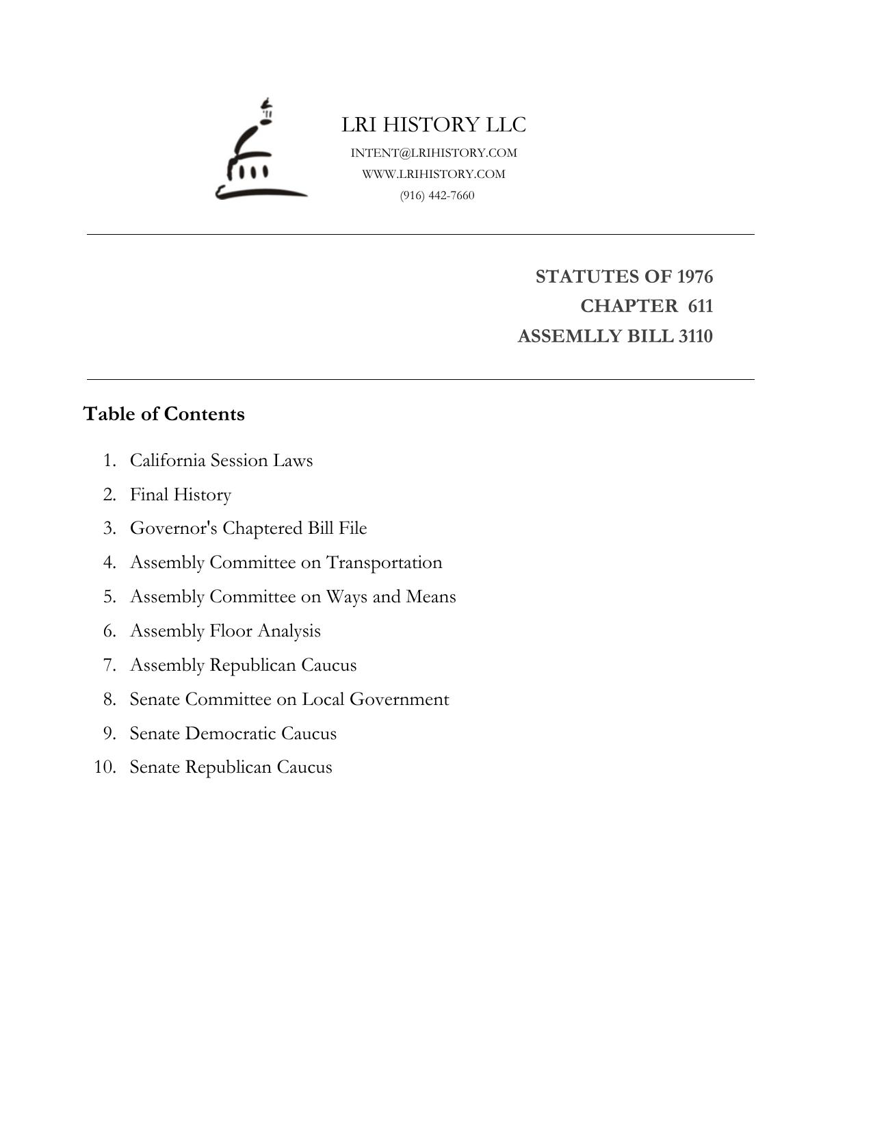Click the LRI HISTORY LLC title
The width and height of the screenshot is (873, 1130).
[434, 125]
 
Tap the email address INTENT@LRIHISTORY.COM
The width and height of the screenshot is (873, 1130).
[434, 153]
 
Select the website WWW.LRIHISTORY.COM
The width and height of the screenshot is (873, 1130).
[434, 174]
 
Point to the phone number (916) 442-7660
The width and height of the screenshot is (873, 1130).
[437, 195]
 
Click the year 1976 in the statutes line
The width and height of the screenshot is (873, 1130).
[694, 277]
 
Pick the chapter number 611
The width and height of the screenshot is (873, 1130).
[700, 306]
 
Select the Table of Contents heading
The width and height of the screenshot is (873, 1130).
[164, 414]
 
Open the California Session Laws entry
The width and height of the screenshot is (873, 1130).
[221, 460]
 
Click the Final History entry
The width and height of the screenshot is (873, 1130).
[181, 494]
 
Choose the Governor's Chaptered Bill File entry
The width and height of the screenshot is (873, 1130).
[248, 528]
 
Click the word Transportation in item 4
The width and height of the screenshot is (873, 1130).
[384, 563]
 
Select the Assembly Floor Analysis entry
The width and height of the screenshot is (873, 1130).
[225, 630]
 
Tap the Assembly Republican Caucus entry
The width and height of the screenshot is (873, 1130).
[243, 665]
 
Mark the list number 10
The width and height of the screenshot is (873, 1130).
[105, 767]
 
